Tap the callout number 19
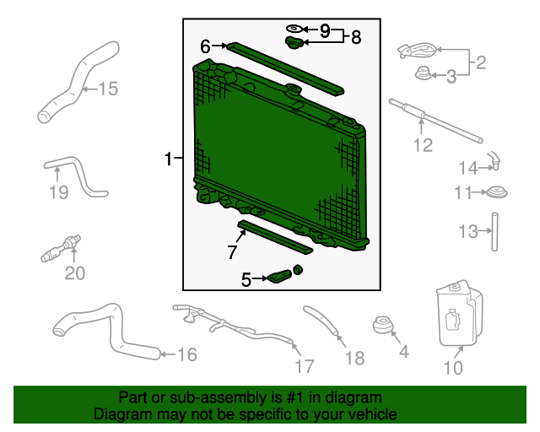pyautogui.click(x=57, y=193)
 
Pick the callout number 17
pyautogui.click(x=304, y=366)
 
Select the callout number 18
pyautogui.click(x=355, y=359)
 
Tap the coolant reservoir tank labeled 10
pyautogui.click(x=458, y=316)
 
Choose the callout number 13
pyautogui.click(x=468, y=230)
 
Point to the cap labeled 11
pyautogui.click(x=496, y=193)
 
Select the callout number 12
pyautogui.click(x=422, y=145)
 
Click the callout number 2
pyautogui.click(x=481, y=62)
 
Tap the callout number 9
pyautogui.click(x=324, y=30)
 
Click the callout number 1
pyautogui.click(x=169, y=159)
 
